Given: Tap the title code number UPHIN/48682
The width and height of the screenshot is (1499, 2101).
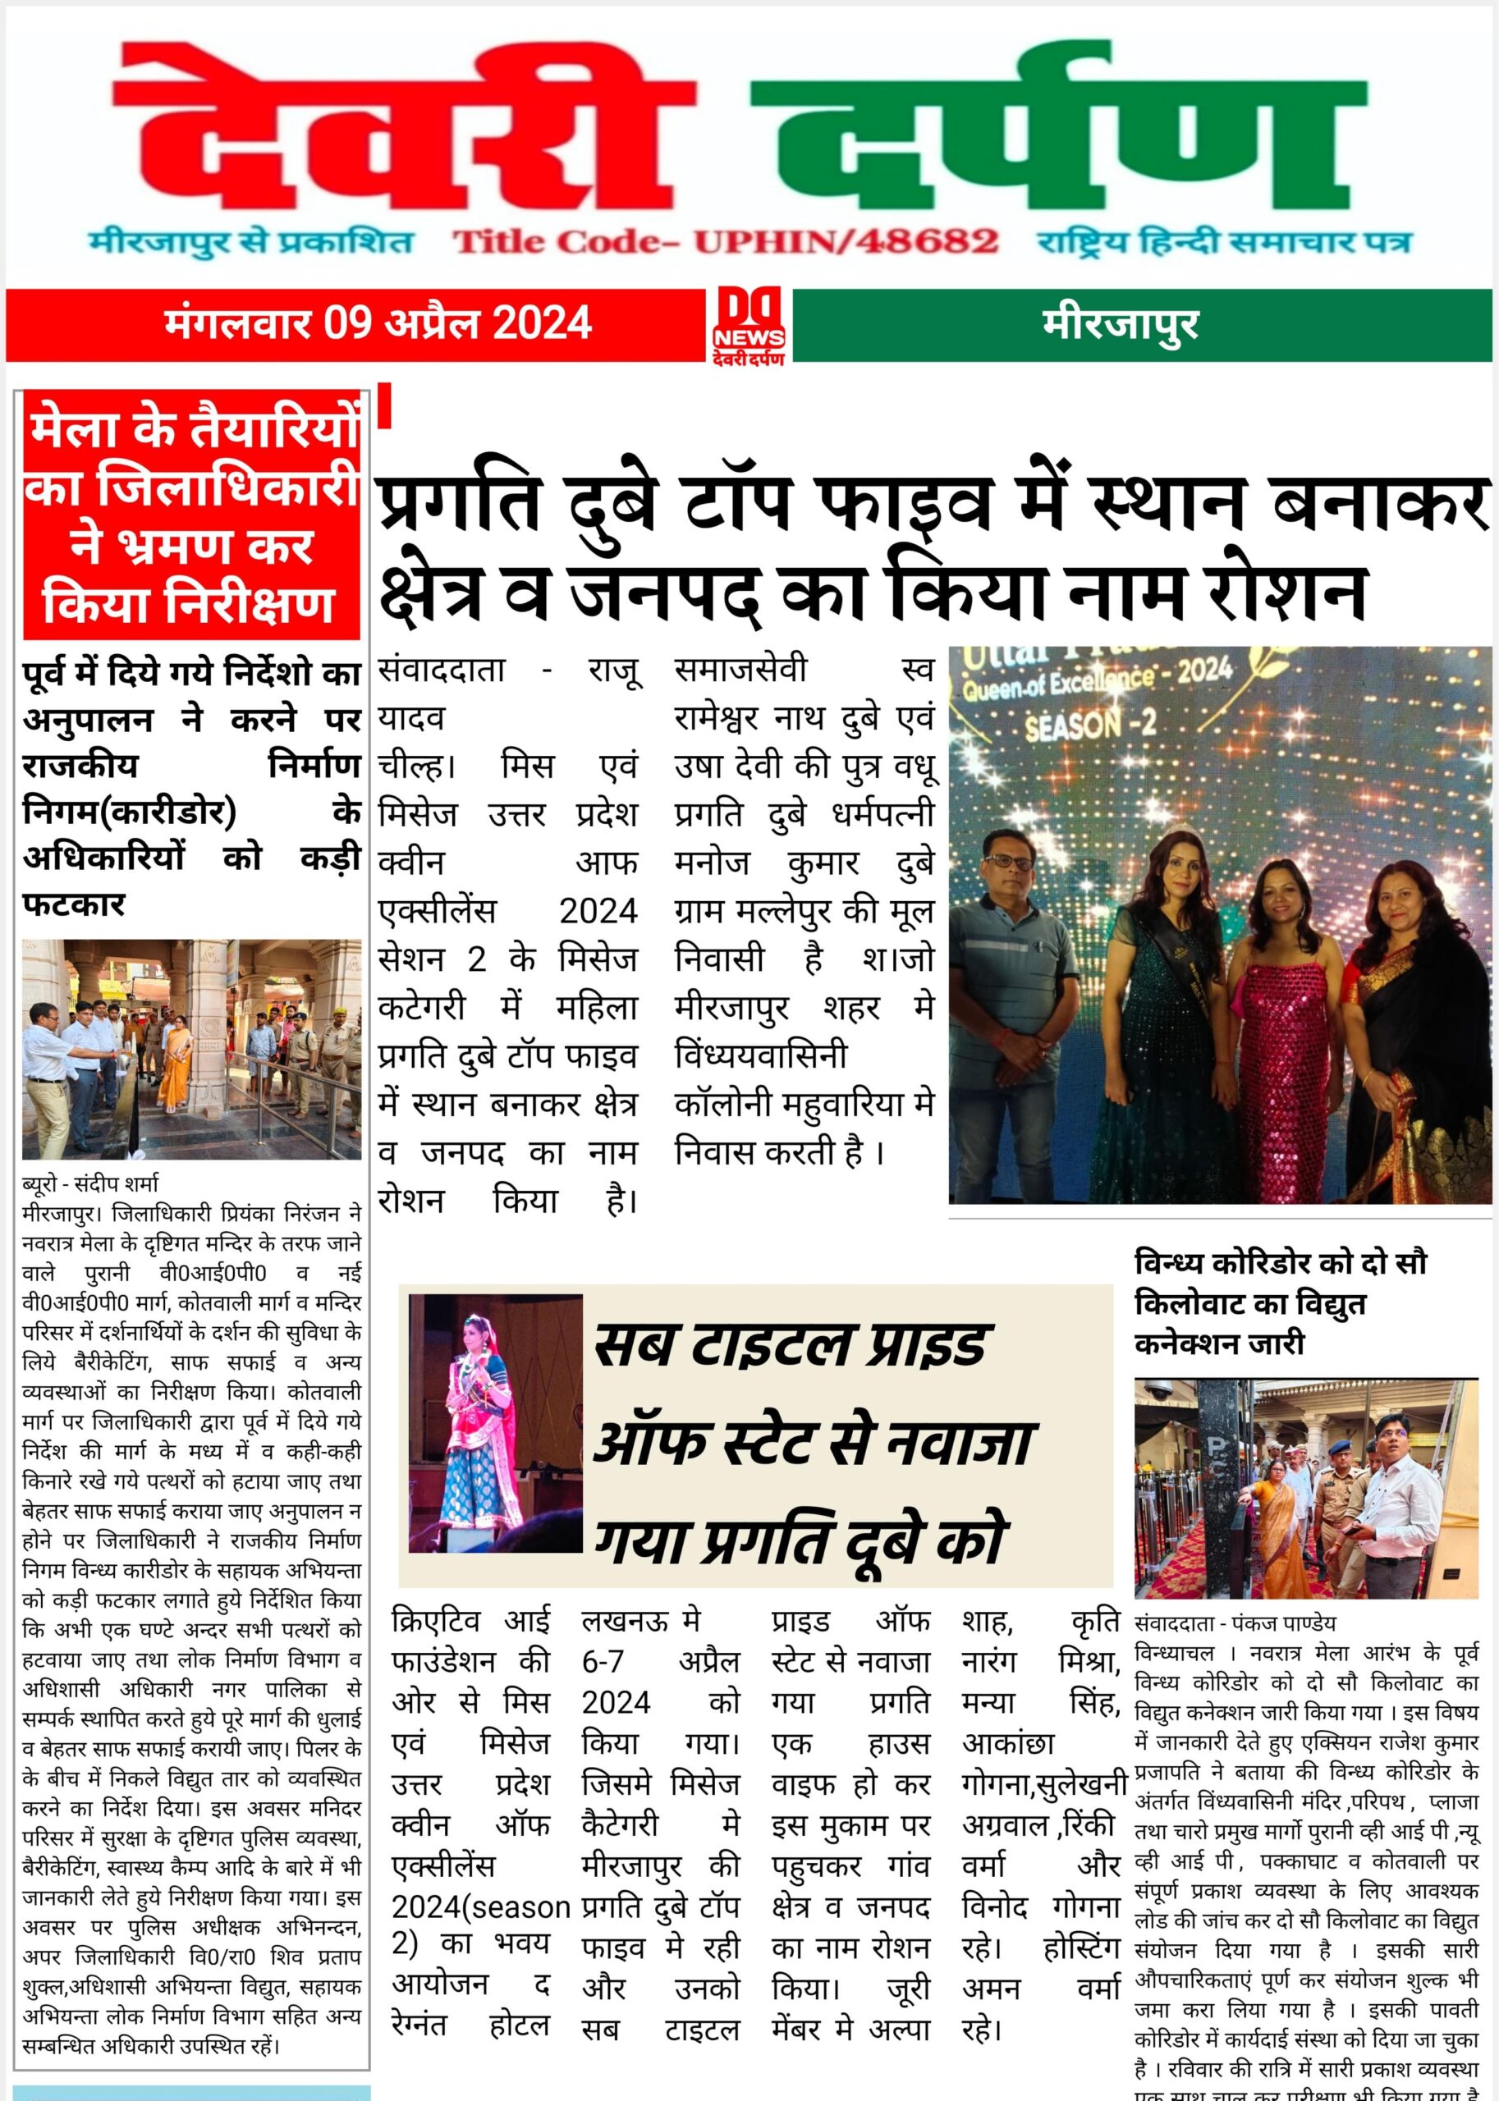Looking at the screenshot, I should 846,242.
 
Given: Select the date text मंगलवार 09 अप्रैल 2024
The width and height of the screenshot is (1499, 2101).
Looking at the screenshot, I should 378,324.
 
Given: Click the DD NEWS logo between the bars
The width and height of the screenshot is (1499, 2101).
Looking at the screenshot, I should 748,326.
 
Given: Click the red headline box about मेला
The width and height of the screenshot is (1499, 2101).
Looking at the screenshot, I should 191,515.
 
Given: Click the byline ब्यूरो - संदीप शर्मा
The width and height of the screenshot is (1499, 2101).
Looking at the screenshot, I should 90,1183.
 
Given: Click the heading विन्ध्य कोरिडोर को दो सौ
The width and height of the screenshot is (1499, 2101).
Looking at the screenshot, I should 1281,1262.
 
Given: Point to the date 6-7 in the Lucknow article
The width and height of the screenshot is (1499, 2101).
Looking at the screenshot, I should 602,1662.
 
